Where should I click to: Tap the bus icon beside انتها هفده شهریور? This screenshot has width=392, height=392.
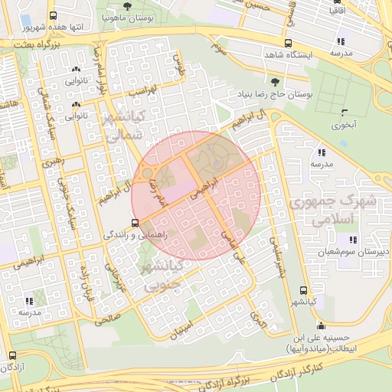pyautogui.click(x=52, y=15)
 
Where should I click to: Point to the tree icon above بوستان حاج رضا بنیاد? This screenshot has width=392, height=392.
pyautogui.click(x=275, y=81)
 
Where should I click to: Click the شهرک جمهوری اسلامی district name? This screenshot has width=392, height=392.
pyautogui.click(x=335, y=208)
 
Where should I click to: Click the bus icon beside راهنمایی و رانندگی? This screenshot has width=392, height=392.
pyautogui.click(x=135, y=224)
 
